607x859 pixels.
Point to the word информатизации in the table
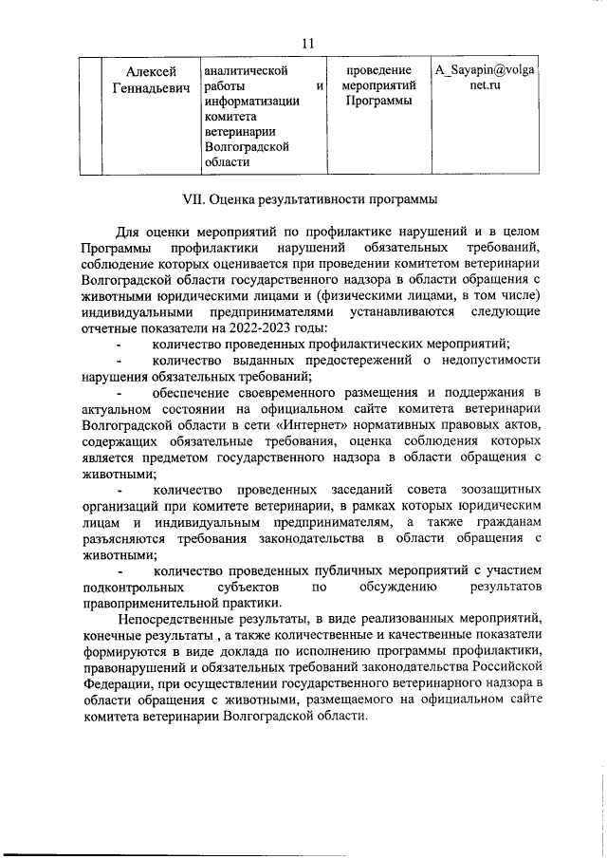coord(250,104)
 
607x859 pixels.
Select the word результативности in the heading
coord(316,200)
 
